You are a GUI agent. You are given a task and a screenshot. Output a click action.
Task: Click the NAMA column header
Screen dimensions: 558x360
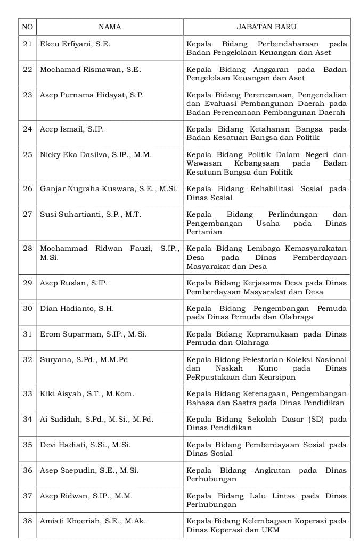pos(110,27)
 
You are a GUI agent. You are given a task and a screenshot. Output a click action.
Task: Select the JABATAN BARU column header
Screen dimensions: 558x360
pos(266,27)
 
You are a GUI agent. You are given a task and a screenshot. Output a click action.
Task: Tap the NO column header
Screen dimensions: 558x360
pos(27,27)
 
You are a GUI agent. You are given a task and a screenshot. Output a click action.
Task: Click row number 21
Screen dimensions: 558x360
pos(28,44)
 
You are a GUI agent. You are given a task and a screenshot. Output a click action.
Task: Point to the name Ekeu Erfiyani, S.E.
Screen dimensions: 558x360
pos(75,44)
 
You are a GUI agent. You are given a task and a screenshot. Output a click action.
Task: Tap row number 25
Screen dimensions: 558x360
pos(28,155)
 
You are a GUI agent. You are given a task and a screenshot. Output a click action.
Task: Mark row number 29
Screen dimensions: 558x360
pos(28,283)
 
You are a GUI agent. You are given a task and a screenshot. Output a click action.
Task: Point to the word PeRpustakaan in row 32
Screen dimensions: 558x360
pos(209,377)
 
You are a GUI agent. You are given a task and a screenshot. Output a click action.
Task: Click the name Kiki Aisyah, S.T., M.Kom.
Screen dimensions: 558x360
pos(87,394)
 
